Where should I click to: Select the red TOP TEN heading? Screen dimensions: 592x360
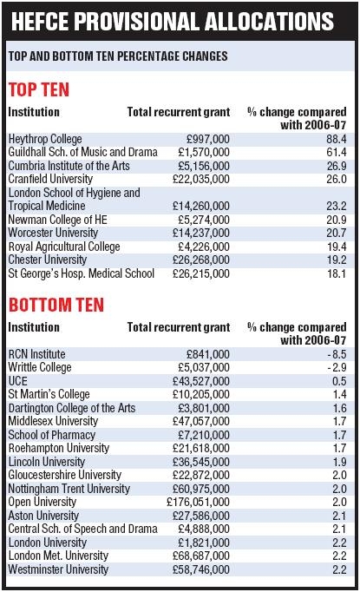coord(39,89)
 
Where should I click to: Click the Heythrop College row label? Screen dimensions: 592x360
coord(45,139)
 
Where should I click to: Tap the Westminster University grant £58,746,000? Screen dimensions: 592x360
coord(199,569)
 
